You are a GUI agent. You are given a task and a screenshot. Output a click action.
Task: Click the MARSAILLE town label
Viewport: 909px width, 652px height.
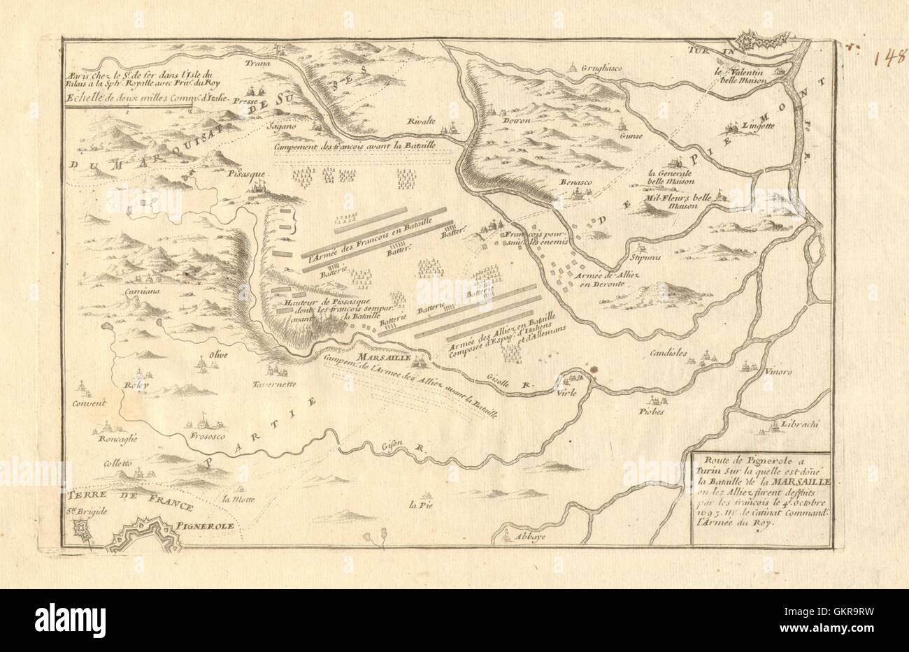click(x=378, y=358)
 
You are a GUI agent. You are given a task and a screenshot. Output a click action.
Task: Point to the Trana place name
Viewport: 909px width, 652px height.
click(x=256, y=61)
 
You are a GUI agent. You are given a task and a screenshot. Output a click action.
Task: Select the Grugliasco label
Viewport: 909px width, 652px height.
click(x=599, y=68)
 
